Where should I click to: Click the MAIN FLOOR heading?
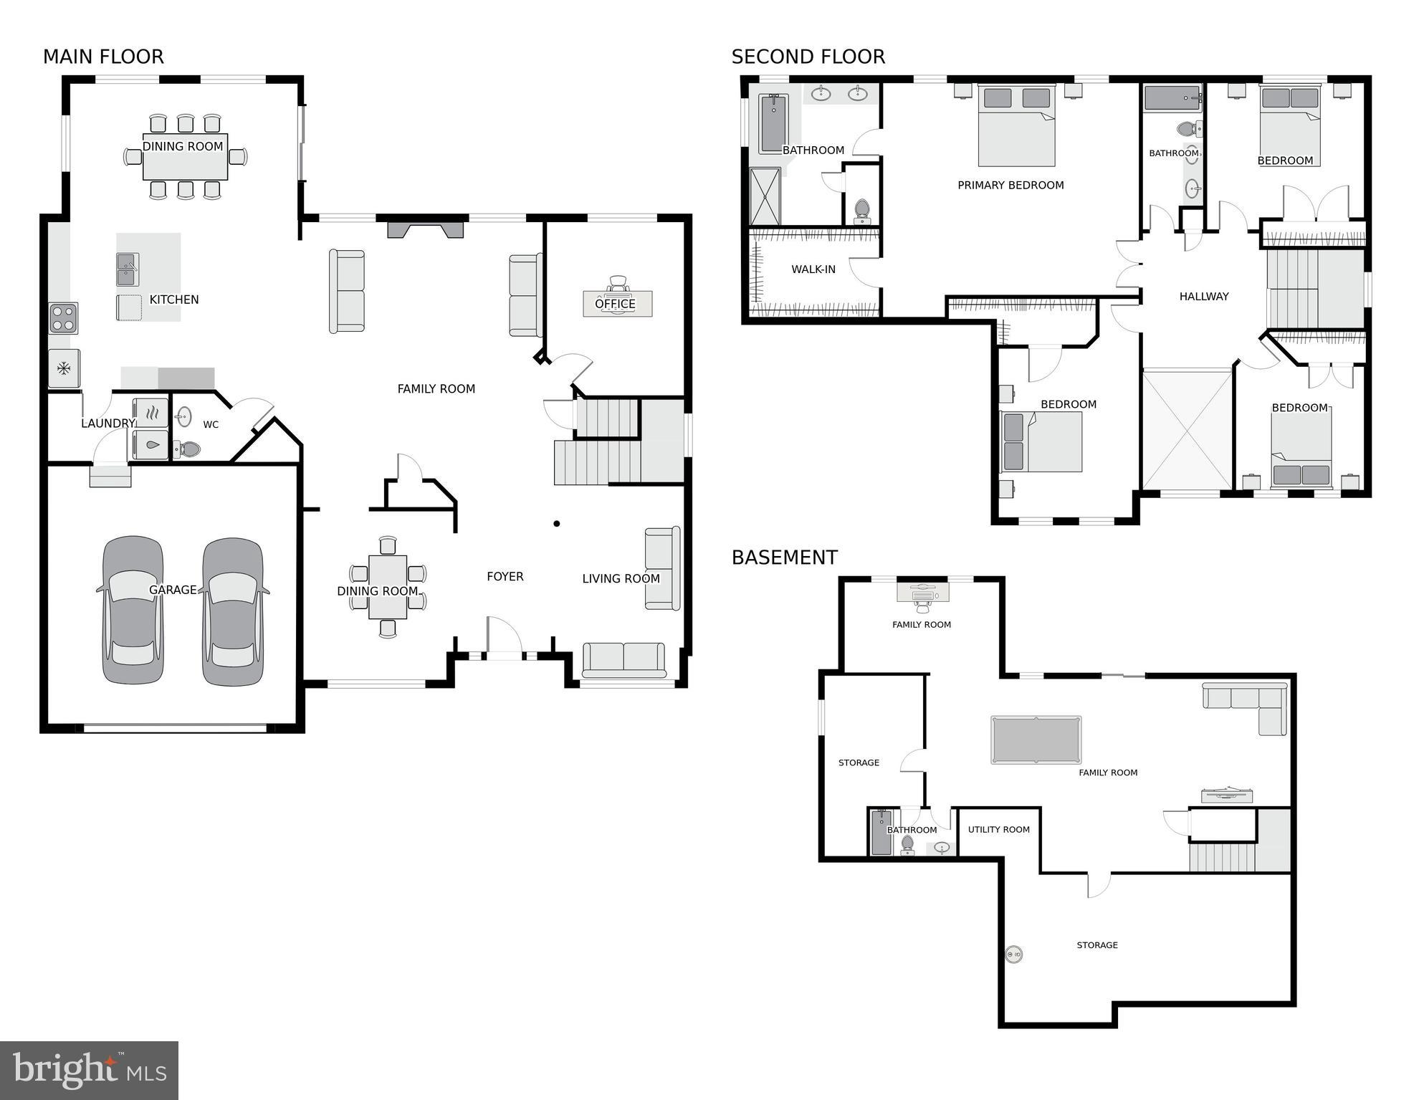pyautogui.click(x=103, y=57)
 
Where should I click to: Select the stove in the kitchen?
pyautogui.click(x=63, y=318)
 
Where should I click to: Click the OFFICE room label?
pyautogui.click(x=615, y=304)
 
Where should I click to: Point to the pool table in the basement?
pyautogui.click(x=1036, y=740)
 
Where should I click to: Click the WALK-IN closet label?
pyautogui.click(x=813, y=269)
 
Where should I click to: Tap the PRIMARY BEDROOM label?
pyautogui.click(x=1010, y=185)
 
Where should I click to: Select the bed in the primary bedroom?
pyautogui.click(x=1016, y=125)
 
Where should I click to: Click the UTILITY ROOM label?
pyautogui.click(x=998, y=829)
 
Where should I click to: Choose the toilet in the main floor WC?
pyautogui.click(x=188, y=449)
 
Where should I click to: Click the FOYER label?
pyautogui.click(x=505, y=576)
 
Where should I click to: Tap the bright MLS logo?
pyautogui.click(x=89, y=1070)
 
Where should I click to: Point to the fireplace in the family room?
pyautogui.click(x=425, y=229)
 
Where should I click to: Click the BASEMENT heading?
pyautogui.click(x=784, y=557)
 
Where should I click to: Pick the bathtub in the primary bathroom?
pyautogui.click(x=773, y=123)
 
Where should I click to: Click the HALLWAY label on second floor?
pyautogui.click(x=1203, y=296)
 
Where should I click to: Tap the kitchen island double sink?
pyautogui.click(x=128, y=269)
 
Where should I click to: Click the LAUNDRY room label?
pyautogui.click(x=107, y=423)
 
